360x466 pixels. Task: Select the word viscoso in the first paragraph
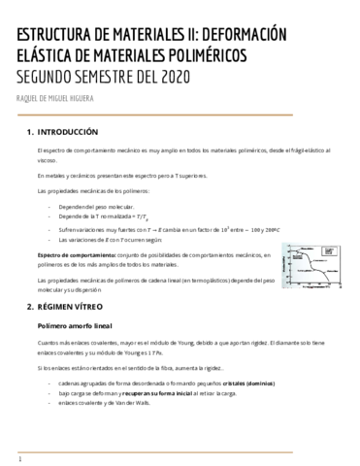(x=46, y=161)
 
